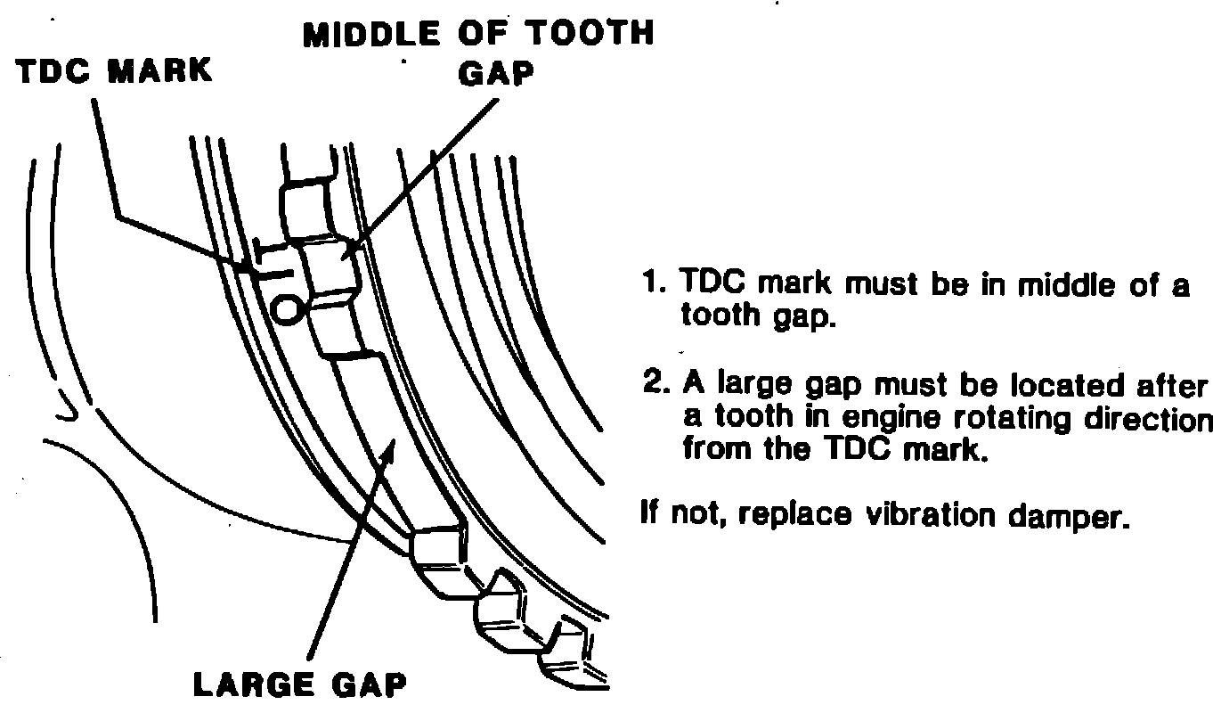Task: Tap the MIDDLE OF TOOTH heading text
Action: [x=478, y=33]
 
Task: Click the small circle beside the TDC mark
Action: [x=286, y=309]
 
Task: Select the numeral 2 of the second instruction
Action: [x=655, y=386]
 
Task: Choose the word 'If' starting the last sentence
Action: [x=652, y=517]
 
